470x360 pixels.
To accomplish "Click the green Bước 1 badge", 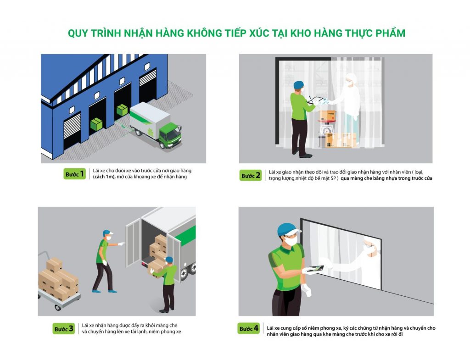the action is pyautogui.click(x=75, y=174).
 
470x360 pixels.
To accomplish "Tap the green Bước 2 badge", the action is pyautogui.click(x=250, y=176).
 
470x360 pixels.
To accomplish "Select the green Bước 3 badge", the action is pyautogui.click(x=63, y=329).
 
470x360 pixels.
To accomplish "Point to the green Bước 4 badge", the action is pyautogui.click(x=248, y=328).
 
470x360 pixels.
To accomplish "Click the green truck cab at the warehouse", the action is pyautogui.click(x=170, y=135).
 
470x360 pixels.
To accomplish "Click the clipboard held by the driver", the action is pyautogui.click(x=315, y=100).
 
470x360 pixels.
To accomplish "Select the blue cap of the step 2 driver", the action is pyautogui.click(x=298, y=85).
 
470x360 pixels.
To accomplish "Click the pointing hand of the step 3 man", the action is pyautogui.click(x=122, y=244).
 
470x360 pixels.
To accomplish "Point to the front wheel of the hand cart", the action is pyautogui.click(x=57, y=307).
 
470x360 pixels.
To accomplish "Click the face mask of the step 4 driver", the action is pyautogui.click(x=291, y=240).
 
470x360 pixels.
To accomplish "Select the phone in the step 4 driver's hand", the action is pyautogui.click(x=317, y=268).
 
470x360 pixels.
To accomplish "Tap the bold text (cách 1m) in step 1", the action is pyautogui.click(x=104, y=177).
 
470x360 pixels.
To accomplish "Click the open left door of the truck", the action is pyautogui.click(x=134, y=243).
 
